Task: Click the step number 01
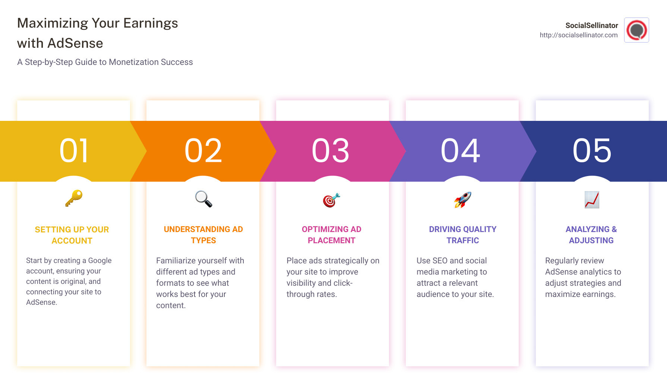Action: (x=74, y=151)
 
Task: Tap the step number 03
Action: (x=331, y=151)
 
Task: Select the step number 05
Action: (x=592, y=151)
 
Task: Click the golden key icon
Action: (x=74, y=198)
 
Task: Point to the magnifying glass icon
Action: (x=203, y=199)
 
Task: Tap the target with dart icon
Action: (x=331, y=200)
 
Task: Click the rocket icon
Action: (x=462, y=200)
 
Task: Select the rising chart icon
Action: (x=592, y=200)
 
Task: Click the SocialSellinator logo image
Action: (x=636, y=30)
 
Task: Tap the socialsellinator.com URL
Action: (x=578, y=35)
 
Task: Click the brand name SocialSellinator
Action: (x=591, y=25)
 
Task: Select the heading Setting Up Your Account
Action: (x=72, y=235)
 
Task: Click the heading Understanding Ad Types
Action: (x=203, y=235)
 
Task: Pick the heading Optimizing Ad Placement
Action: (x=331, y=235)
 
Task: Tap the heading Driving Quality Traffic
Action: (x=462, y=235)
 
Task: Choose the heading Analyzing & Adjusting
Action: (x=591, y=235)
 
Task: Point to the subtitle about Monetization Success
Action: (x=105, y=62)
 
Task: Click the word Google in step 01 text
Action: (x=100, y=260)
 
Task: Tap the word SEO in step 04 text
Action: (x=440, y=260)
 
